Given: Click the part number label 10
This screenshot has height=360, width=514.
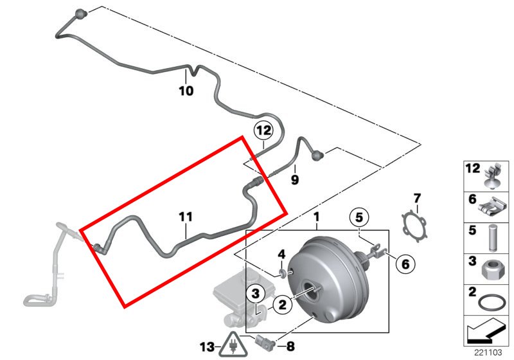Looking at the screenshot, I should (185, 91).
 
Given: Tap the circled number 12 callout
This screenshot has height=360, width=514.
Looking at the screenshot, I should (263, 130).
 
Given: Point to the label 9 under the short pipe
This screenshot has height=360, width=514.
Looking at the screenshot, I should (295, 181).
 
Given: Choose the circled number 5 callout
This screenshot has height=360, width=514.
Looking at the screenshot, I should (359, 216).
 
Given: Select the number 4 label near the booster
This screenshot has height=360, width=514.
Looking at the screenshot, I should (281, 255).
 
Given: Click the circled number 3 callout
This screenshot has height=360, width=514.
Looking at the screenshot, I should (255, 294).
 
